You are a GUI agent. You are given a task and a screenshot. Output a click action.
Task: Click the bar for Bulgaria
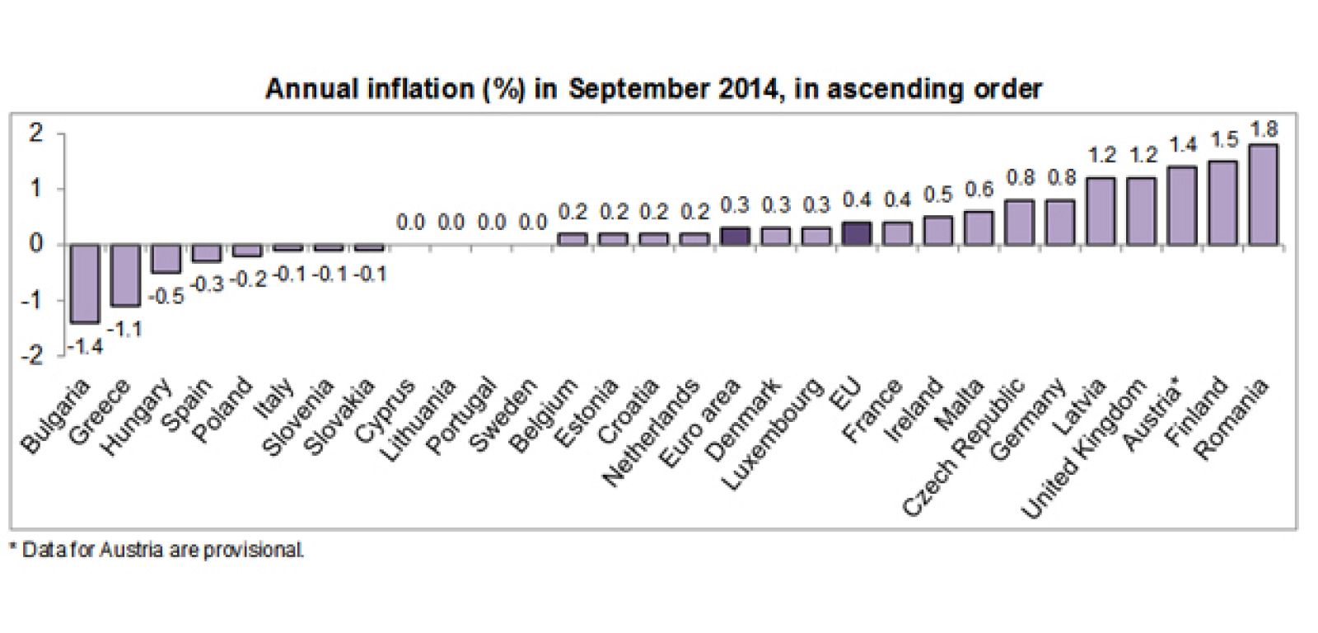tap(84, 283)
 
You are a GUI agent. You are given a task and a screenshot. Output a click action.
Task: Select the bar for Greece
tap(125, 274)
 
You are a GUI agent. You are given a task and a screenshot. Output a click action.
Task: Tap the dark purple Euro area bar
tap(735, 237)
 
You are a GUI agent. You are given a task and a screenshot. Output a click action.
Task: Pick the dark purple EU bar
tap(857, 234)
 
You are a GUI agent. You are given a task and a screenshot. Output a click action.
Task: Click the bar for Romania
tap(1263, 195)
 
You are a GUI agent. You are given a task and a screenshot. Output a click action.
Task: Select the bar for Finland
tap(1222, 203)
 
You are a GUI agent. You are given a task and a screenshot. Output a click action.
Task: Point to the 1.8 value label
tap(1263, 129)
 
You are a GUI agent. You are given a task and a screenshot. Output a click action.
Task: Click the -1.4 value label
tap(84, 347)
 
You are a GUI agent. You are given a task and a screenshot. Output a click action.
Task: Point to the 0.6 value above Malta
tap(979, 190)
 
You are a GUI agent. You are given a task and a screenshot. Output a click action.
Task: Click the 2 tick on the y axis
tap(35, 133)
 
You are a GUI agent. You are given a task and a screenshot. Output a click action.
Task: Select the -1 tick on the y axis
tap(31, 300)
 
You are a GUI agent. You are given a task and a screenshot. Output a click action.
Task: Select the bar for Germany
tap(1060, 223)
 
